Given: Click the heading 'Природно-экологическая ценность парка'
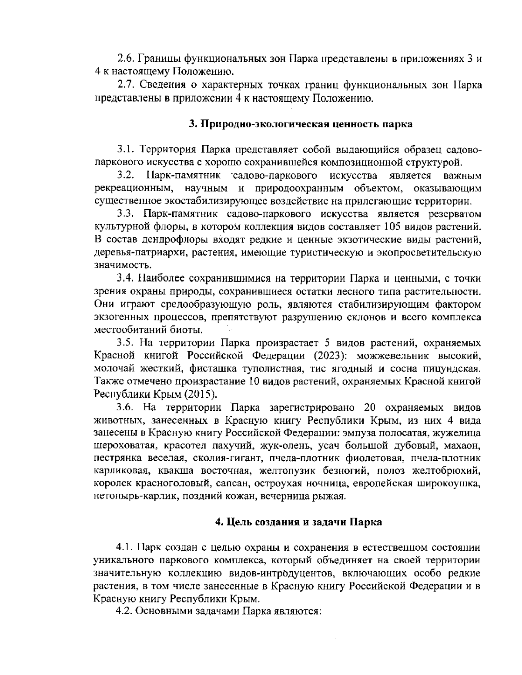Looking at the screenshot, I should tap(301, 124).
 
